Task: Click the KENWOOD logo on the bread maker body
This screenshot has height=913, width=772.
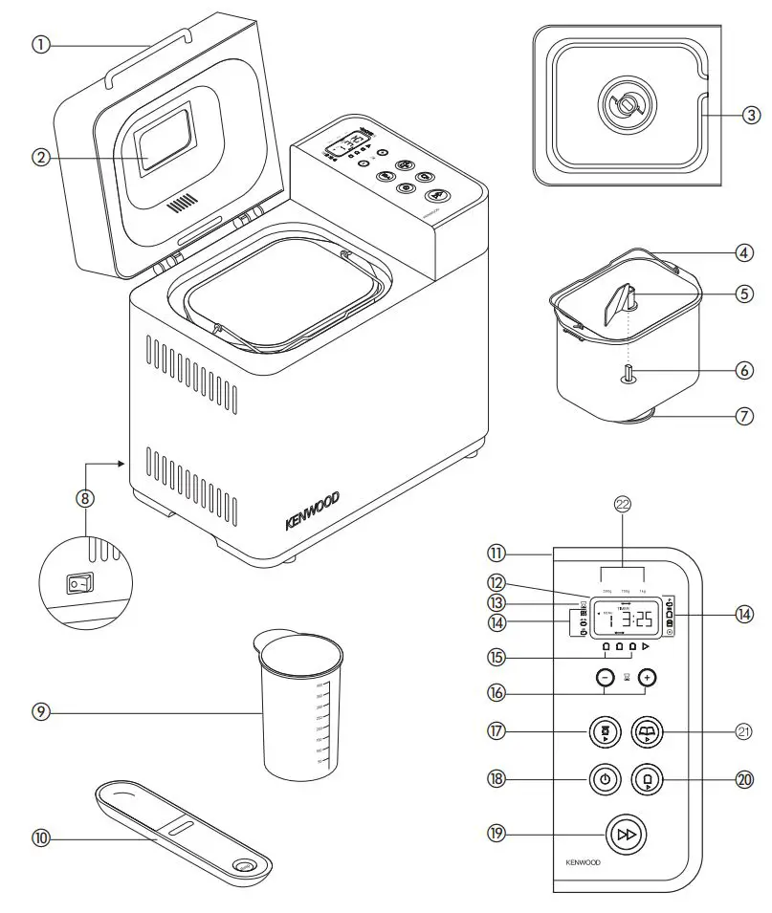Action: [312, 512]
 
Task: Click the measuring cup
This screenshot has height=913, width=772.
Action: [300, 707]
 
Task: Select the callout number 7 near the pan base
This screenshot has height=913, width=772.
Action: [744, 417]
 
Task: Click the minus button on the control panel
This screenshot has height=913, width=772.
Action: [604, 677]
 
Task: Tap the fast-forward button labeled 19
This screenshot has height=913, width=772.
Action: [627, 834]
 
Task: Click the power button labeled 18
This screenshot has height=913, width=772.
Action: [604, 779]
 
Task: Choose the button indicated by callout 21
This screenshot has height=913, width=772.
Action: [649, 733]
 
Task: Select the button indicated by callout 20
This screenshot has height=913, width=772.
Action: [649, 779]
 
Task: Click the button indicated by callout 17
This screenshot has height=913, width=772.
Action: [604, 733]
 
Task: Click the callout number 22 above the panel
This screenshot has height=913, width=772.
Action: [623, 506]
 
